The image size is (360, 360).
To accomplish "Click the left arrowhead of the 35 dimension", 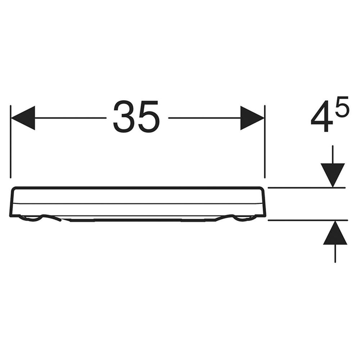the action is point(23,118).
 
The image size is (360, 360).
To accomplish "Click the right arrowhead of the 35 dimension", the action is point(252,118).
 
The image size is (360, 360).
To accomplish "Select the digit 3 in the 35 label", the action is point(124,116).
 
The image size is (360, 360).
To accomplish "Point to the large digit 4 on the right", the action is point(322,116).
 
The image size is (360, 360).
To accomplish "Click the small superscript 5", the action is point(342,106).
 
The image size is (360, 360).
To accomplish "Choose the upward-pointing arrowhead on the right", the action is point(335,232).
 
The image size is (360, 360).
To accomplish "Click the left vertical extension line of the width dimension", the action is point(10,141).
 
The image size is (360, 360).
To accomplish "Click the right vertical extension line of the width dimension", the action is point(265,141).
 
